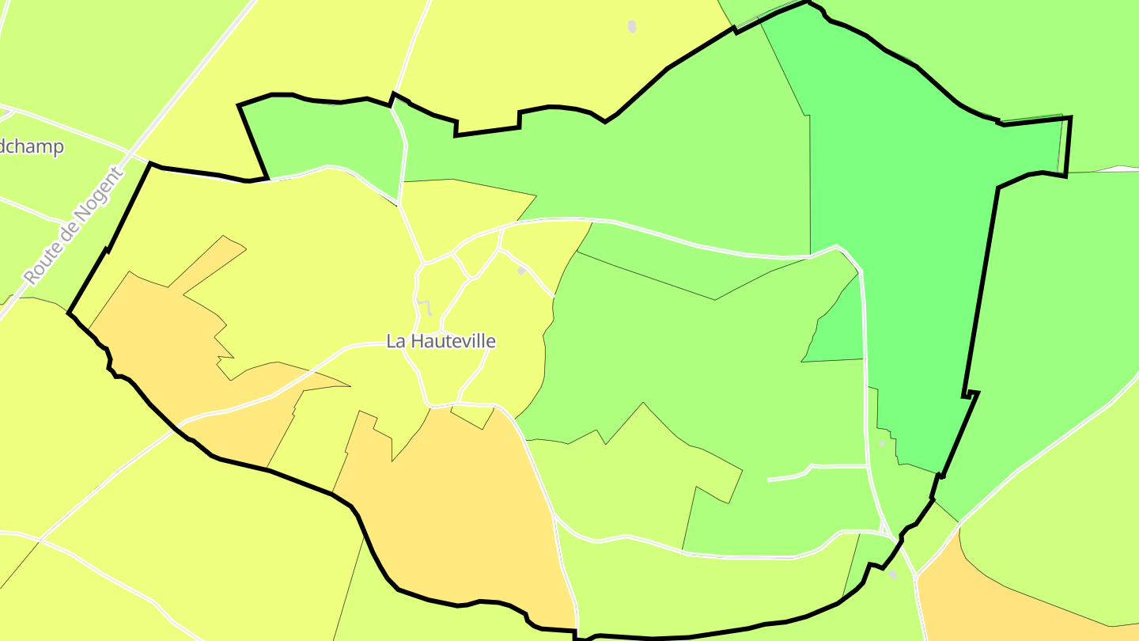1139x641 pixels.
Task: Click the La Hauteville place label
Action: tap(441, 341)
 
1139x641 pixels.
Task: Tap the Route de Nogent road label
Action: tap(74, 226)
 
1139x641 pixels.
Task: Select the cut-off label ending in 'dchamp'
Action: tap(32, 147)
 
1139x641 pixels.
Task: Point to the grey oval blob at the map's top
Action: tap(632, 27)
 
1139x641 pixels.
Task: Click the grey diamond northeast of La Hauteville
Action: tap(521, 271)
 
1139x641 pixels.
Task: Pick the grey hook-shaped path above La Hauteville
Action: tap(426, 307)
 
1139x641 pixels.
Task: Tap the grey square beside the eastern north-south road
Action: tap(882, 444)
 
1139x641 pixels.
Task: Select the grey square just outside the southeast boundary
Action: tap(893, 575)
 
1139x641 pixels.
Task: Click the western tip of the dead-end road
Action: tap(769, 480)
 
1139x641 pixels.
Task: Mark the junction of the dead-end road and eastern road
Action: tap(868, 467)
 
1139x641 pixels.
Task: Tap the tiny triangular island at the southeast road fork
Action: tap(882, 524)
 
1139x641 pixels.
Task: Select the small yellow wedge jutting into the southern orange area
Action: tap(473, 416)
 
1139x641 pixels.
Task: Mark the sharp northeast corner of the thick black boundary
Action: tap(1070, 118)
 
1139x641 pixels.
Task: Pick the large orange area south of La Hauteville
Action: tap(459, 506)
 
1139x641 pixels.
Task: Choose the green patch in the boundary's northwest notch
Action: tap(324, 135)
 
